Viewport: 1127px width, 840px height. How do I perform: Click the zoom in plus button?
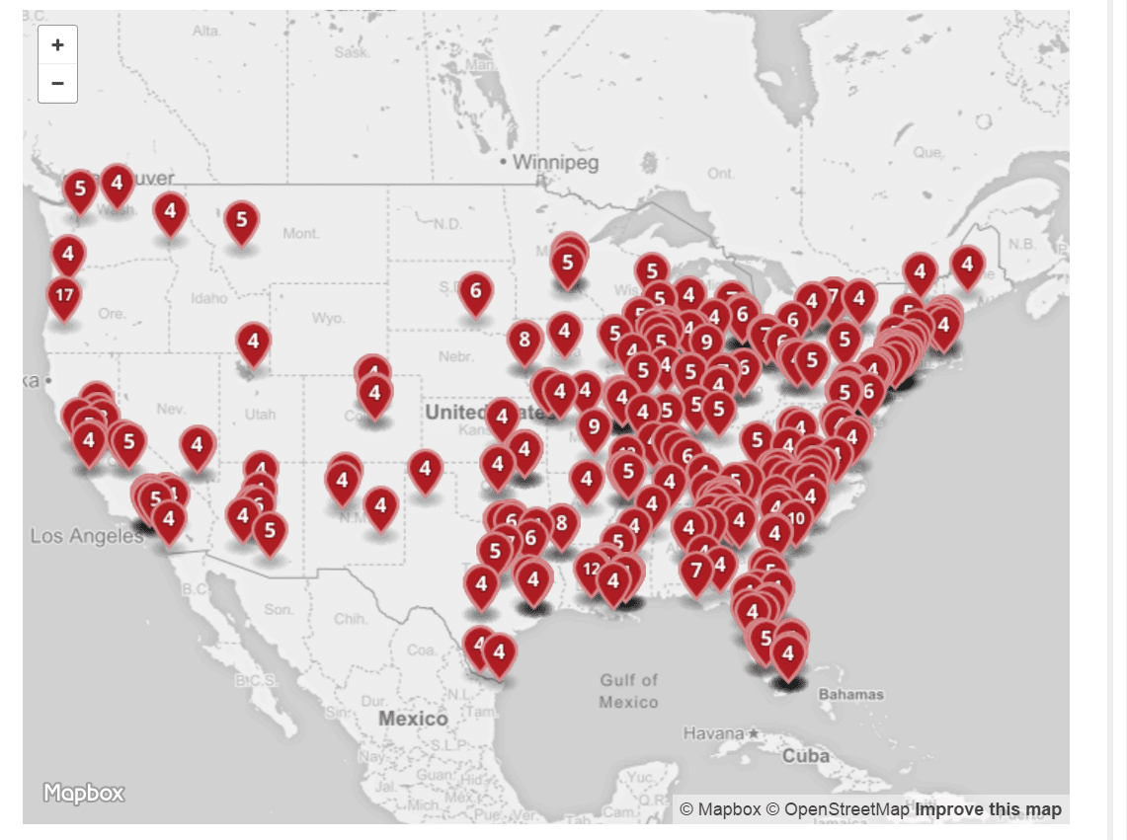click(x=57, y=44)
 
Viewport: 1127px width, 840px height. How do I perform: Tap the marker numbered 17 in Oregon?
click(x=64, y=295)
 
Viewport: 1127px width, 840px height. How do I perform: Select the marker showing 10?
click(x=795, y=518)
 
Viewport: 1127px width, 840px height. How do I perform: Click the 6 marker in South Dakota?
click(x=476, y=291)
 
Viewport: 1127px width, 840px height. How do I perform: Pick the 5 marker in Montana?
click(x=242, y=220)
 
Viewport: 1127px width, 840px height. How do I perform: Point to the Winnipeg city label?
click(x=555, y=162)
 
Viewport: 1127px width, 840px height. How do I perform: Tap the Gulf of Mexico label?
click(x=628, y=690)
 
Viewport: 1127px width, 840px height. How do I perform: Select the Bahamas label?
click(x=851, y=694)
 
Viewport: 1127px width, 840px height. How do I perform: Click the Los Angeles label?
click(x=87, y=536)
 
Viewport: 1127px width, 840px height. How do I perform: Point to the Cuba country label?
click(x=805, y=756)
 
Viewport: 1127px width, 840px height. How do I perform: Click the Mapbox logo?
click(x=84, y=792)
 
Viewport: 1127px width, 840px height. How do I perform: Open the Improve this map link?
click(x=988, y=809)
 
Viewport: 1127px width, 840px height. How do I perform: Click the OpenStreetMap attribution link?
click(x=846, y=809)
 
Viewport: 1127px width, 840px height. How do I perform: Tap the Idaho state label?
click(x=210, y=297)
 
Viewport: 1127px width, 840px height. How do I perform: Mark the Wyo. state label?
click(x=327, y=318)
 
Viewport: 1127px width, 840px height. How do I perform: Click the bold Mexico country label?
click(x=414, y=719)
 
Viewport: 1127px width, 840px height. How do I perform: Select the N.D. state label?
click(x=447, y=224)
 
